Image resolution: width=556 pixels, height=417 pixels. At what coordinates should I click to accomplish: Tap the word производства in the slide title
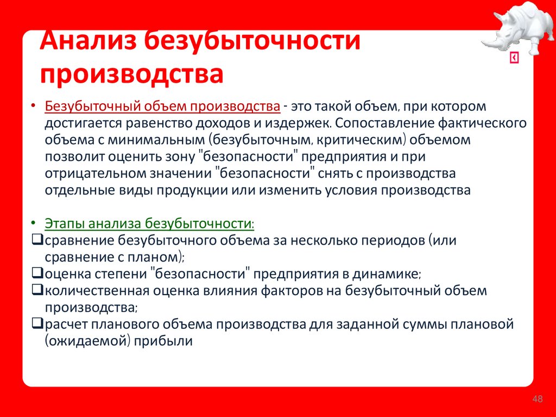point(132,74)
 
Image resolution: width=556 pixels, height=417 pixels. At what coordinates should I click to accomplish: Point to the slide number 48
point(538,400)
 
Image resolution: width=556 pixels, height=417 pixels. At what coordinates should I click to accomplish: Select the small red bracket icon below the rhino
point(514,58)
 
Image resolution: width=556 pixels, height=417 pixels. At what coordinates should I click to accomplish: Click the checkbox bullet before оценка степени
point(38,273)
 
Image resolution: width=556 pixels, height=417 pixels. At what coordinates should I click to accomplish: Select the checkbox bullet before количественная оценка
point(38,290)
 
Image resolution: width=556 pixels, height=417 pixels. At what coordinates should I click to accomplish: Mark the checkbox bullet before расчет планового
point(38,325)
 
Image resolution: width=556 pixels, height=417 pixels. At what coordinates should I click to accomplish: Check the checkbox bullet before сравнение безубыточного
point(38,240)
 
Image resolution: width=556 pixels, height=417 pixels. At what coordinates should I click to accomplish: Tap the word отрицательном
point(90,173)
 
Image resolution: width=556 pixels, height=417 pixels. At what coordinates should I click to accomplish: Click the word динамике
point(388,273)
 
